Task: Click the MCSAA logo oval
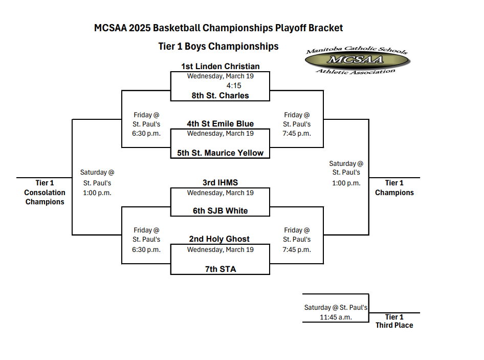[x=357, y=59]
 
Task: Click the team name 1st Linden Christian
[x=220, y=67]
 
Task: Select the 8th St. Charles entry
[x=220, y=95]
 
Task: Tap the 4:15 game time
[x=234, y=86]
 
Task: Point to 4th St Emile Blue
[x=220, y=123]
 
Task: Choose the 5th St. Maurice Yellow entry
[x=220, y=153]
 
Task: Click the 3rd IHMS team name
[x=220, y=183]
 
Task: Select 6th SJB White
[x=220, y=211]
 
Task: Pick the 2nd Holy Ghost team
[x=219, y=239]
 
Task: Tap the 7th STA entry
[x=221, y=269]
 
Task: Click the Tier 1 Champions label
[x=394, y=187]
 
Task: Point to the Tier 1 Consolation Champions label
[x=45, y=192]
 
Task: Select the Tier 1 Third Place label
[x=394, y=321]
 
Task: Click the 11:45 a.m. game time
[x=336, y=317]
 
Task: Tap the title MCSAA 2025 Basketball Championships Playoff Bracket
[x=218, y=28]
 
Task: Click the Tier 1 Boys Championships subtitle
[x=218, y=47]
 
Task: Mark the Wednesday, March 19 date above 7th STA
[x=220, y=250]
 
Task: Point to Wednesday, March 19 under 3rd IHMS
[x=220, y=193]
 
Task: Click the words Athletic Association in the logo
[x=355, y=72]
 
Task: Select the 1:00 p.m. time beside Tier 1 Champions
[x=346, y=183]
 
